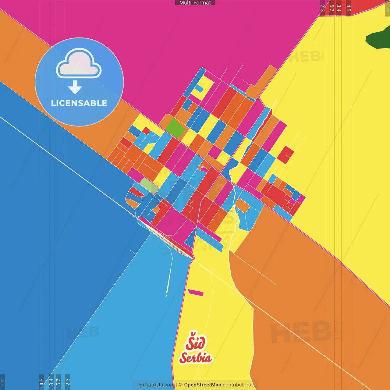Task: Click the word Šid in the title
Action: [195, 342]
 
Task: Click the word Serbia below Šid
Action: [196, 357]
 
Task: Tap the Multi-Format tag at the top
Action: [195, 3]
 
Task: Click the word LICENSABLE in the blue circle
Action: [79, 103]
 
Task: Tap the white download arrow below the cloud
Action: [75, 87]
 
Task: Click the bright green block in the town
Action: [175, 128]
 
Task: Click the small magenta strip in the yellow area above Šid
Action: [195, 293]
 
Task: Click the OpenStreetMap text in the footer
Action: [202, 385]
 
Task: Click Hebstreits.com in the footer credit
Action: [157, 385]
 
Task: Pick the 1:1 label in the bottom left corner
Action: [2, 382]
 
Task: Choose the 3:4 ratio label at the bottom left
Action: [51, 382]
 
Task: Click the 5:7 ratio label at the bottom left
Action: [58, 382]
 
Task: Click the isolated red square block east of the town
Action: [285, 155]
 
